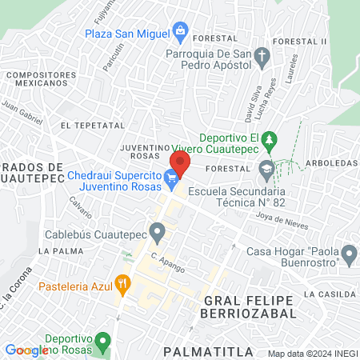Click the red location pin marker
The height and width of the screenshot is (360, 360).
pyautogui.click(x=179, y=162)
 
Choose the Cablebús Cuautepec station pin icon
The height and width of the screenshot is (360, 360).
pyautogui.click(x=158, y=234)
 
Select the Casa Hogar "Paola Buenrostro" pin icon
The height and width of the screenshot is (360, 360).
pyautogui.click(x=349, y=255)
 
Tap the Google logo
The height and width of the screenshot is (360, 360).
pyautogui.click(x=26, y=350)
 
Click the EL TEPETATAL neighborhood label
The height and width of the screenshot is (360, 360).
pyautogui.click(x=93, y=126)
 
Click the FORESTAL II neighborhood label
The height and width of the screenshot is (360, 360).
pyautogui.click(x=299, y=41)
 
